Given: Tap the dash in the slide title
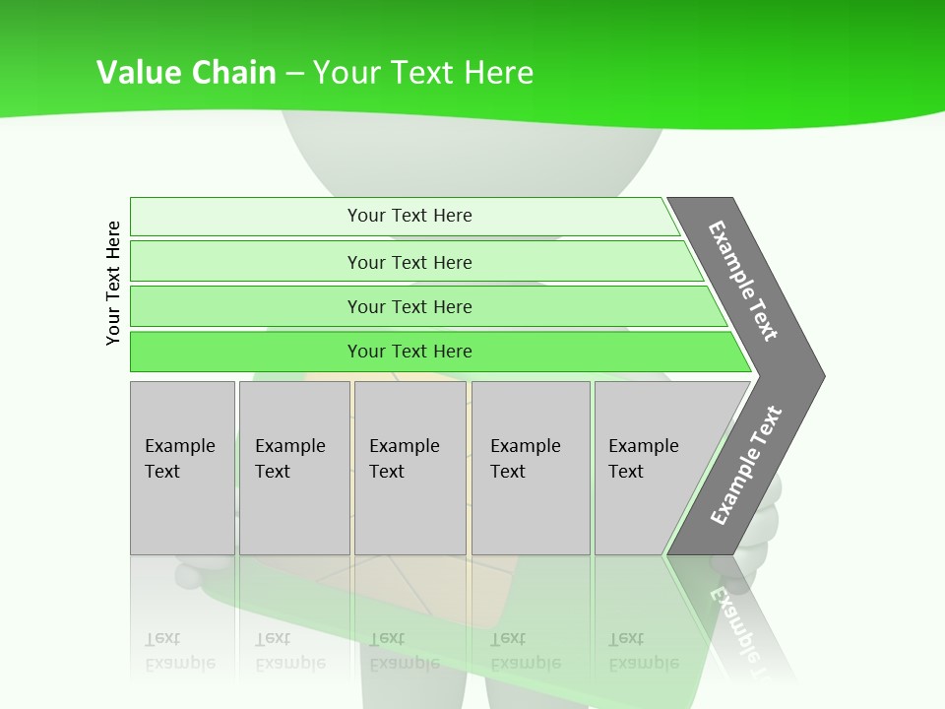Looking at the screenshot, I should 294,74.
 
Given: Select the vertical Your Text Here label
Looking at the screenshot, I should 113,283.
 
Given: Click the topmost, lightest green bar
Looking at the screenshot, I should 409,216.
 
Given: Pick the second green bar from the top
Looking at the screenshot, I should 409,262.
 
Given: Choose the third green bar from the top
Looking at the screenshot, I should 409,306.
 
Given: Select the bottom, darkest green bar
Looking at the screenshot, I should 409,352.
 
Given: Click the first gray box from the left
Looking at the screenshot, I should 182,468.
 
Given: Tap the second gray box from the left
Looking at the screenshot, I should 293,468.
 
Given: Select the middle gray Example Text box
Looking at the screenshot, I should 409,468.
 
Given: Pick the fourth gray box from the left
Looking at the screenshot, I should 531,468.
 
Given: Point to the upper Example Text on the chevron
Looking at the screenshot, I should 744,281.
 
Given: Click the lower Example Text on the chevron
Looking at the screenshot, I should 745,466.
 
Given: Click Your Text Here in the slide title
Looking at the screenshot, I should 423,73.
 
